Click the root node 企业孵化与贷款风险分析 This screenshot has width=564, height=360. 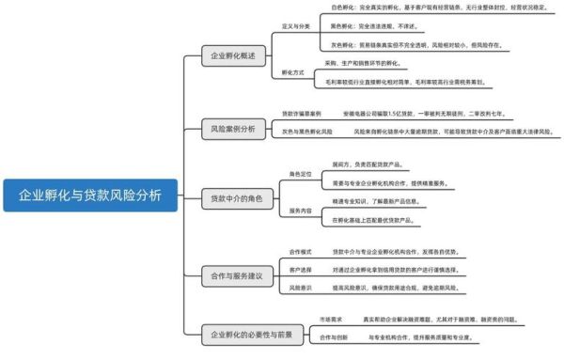tap(89, 196)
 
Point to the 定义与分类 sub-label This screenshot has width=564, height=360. tap(295, 25)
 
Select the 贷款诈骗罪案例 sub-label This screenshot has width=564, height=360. tap(301, 113)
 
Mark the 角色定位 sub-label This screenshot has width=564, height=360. tap(300, 174)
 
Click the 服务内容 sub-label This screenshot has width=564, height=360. tap(300, 211)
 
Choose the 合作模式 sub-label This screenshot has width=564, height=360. tap(300, 253)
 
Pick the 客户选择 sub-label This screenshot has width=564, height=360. tap(300, 269)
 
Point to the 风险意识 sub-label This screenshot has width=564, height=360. tap(300, 287)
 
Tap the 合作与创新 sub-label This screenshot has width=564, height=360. tap(333, 337)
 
